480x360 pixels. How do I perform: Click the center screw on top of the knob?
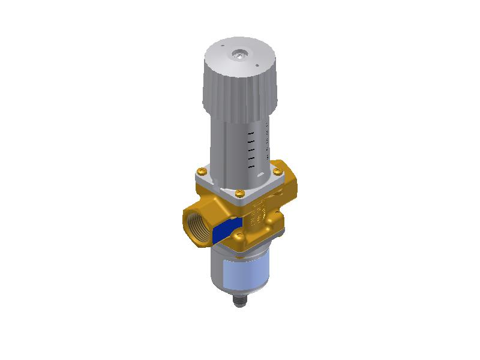point(239,55)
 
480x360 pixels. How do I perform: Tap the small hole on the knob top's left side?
point(221,45)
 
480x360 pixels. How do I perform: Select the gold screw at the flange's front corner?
point(239,193)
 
